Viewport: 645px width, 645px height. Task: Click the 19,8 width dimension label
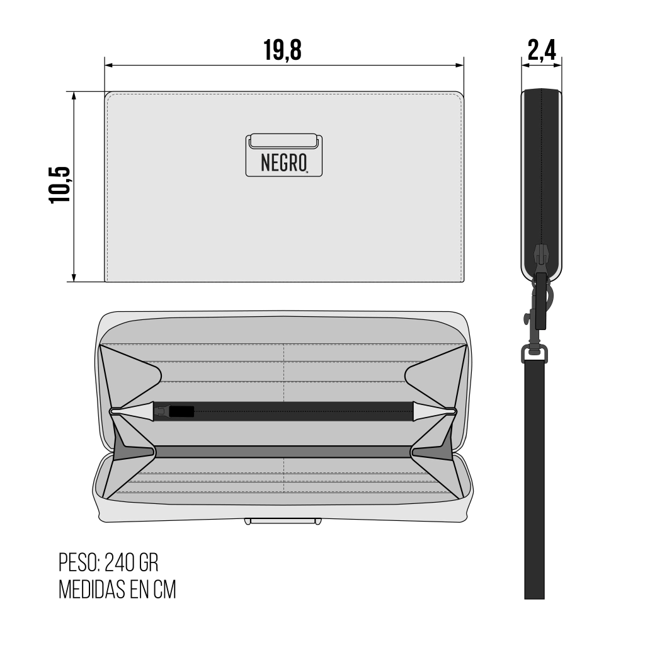(282, 50)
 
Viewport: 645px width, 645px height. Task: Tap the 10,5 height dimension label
(60, 185)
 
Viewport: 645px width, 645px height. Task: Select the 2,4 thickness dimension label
(542, 50)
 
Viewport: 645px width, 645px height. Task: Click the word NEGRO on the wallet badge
(284, 163)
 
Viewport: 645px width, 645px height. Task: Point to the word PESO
(79, 562)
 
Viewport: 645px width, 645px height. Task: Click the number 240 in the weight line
(120, 562)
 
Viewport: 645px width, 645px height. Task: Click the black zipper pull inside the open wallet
(181, 411)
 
